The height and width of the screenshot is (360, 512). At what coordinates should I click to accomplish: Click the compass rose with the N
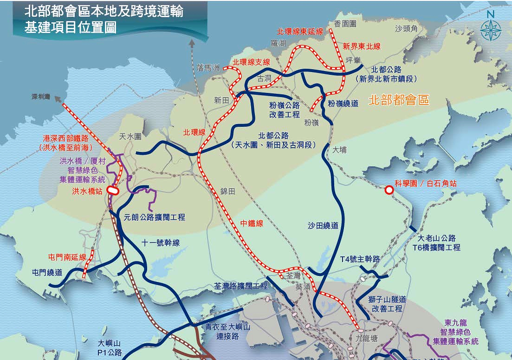(491, 30)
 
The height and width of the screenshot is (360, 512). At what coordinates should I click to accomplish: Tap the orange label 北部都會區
(399, 99)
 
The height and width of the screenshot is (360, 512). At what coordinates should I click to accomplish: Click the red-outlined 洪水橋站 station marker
(112, 190)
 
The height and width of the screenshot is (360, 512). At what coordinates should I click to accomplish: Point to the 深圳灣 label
(41, 97)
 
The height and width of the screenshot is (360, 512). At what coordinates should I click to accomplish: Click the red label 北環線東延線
(299, 32)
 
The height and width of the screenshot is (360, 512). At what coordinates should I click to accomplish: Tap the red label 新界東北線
(362, 46)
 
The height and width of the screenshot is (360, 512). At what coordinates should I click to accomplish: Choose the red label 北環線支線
(251, 62)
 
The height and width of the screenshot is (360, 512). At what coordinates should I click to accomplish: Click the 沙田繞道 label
(323, 225)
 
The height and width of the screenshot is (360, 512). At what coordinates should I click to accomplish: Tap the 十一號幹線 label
(161, 242)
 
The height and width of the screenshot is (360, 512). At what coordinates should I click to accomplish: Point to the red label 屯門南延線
(67, 257)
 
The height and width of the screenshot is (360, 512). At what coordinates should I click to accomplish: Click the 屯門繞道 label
(47, 273)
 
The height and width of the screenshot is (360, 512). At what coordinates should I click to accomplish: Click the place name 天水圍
(130, 137)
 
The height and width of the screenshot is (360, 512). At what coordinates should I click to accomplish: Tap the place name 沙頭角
(407, 29)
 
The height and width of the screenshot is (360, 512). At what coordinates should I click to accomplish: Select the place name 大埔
(339, 150)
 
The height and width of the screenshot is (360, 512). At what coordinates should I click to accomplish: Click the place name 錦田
(228, 191)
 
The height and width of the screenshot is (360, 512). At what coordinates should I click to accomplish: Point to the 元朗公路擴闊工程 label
(155, 217)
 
